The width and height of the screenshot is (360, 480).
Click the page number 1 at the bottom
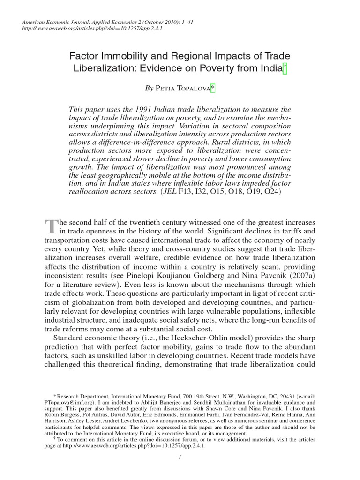[x=180, y=458]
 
